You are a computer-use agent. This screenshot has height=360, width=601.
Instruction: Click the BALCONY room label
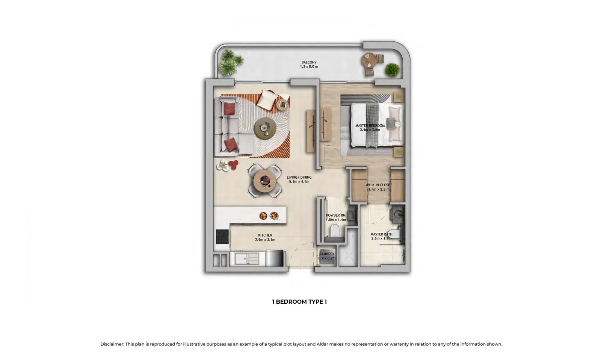point(309,62)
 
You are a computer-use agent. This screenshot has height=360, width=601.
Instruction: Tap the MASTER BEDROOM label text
point(370,125)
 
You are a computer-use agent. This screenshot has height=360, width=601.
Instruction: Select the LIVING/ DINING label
point(299,177)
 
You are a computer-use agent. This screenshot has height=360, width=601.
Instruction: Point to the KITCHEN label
point(265,235)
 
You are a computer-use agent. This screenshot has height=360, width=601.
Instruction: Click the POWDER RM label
point(336,215)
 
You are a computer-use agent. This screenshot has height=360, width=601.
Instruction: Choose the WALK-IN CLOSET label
point(379,185)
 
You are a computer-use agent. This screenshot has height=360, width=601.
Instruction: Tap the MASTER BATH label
point(381,234)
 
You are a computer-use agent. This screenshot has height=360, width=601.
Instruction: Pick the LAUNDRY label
point(327,254)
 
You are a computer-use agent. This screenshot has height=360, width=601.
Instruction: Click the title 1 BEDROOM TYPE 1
point(299,302)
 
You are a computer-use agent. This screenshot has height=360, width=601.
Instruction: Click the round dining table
point(265,181)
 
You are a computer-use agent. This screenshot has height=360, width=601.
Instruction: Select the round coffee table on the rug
point(265,128)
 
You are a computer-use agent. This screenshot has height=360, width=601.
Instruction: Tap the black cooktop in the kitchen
point(222,237)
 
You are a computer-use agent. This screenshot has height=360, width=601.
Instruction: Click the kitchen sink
point(246,259)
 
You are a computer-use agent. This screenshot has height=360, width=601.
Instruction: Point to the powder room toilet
point(334,231)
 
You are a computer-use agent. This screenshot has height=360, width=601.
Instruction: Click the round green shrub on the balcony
point(392,70)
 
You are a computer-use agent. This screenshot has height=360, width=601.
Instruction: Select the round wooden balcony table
point(369,61)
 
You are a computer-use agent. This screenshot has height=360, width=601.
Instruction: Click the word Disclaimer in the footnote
point(112,344)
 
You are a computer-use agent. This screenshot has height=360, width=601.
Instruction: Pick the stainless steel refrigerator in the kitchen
point(274,258)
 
